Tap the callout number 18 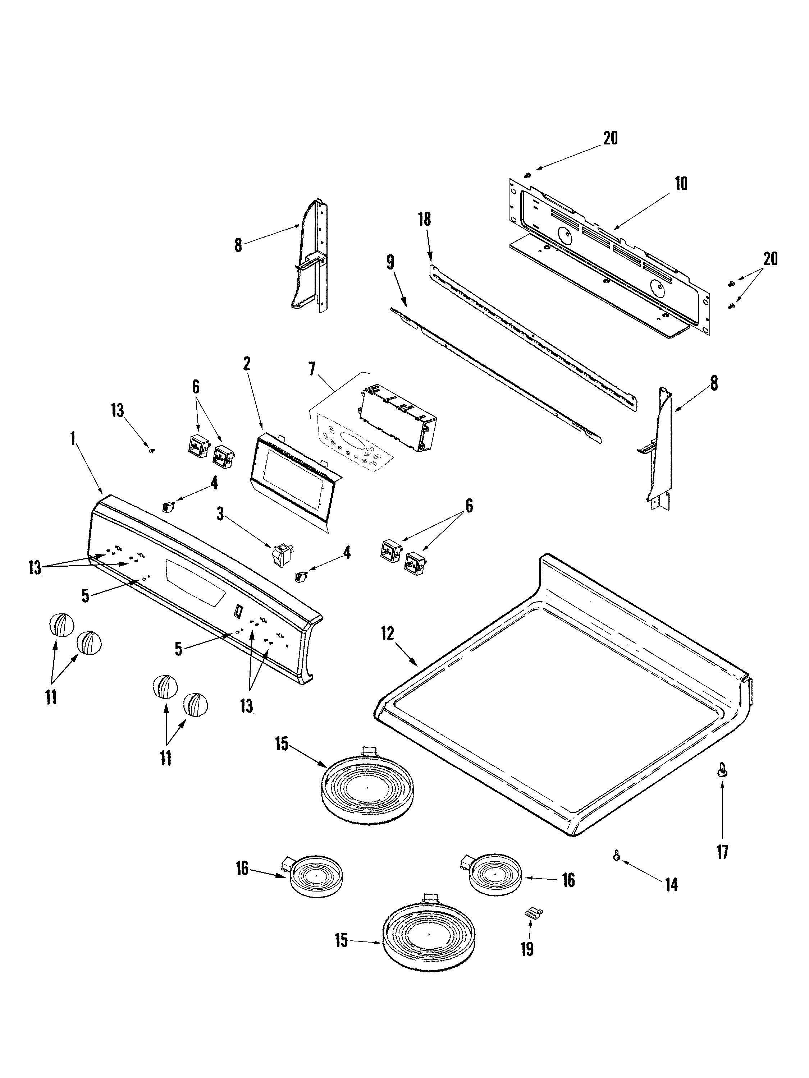(x=425, y=219)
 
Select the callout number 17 (x=722, y=852)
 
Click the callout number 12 (x=388, y=635)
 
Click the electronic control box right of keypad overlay (x=398, y=419)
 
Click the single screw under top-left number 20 (x=527, y=175)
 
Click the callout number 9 (x=390, y=263)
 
